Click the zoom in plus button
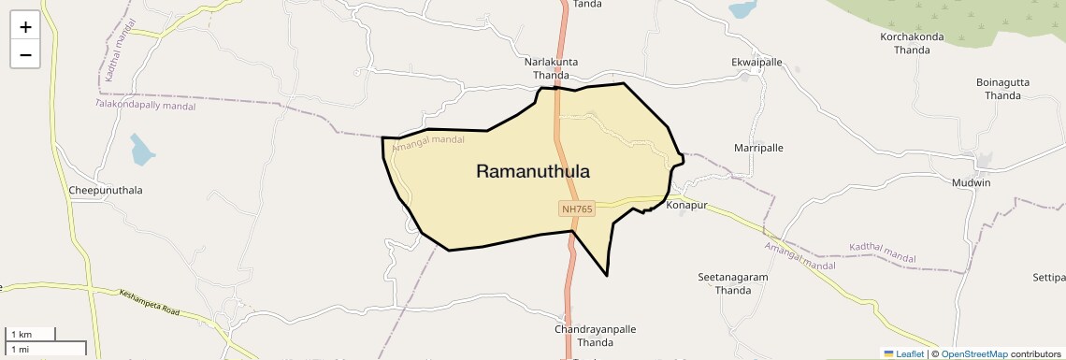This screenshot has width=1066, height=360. pos(25,27)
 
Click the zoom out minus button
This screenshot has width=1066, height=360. pos(25,55)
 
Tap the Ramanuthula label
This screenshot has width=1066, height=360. pos(533,171)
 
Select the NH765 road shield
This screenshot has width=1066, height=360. pos(577,209)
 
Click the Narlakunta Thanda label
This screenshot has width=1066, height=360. pos(551,68)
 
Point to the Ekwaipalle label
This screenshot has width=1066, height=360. pos(756,62)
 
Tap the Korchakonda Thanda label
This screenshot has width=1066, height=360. pos(912,43)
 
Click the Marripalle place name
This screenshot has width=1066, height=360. pos(759,148)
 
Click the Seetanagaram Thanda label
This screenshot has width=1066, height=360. pos(733,283)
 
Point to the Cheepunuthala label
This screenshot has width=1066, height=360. pos(106,190)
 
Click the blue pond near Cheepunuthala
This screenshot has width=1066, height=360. pos(143,149)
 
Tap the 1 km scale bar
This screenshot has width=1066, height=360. pos(30,334)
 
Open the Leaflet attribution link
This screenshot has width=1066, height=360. pos(904,353)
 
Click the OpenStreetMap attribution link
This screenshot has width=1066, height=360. pos(973,353)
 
